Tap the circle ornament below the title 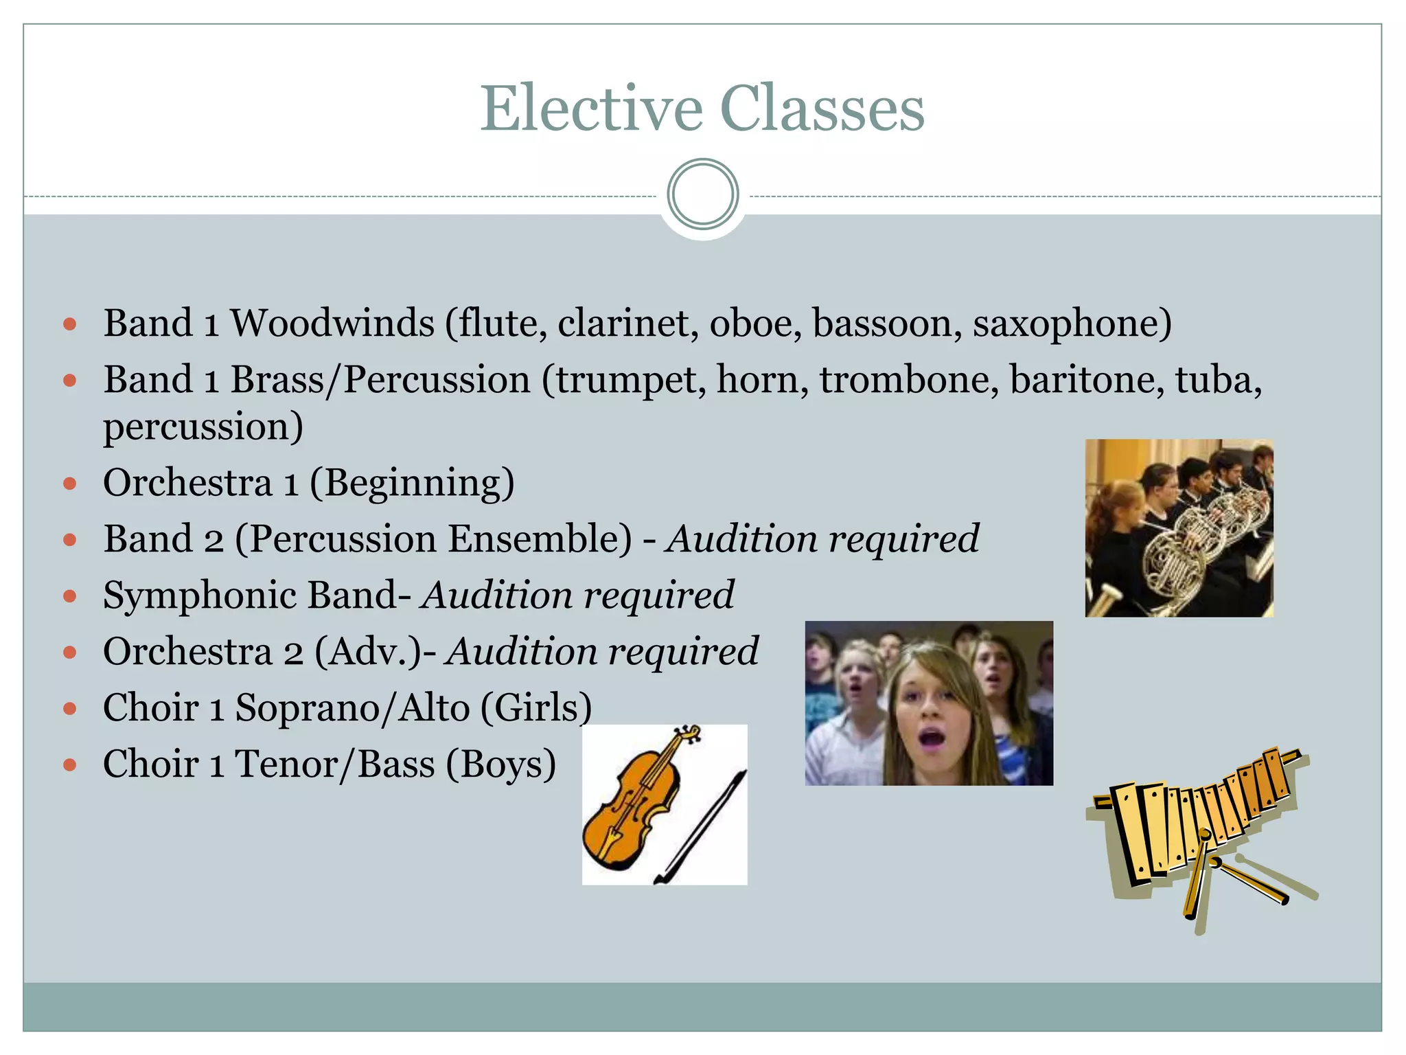pos(702,194)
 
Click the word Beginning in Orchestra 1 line pos(413,484)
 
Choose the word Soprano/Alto pos(352,707)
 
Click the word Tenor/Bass pos(335,764)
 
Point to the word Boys pos(500,764)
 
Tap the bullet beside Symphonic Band pos(69,595)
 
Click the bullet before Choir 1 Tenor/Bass pos(69,764)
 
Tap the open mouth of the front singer pos(932,739)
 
